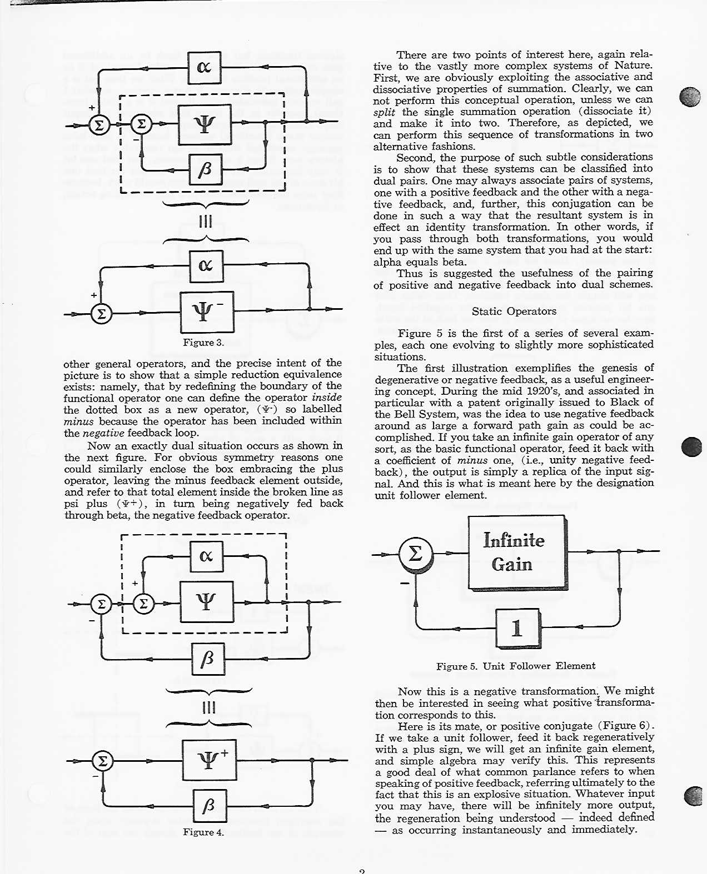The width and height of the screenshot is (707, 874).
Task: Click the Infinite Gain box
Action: coord(516,552)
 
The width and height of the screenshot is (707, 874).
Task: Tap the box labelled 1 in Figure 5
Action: coord(517,628)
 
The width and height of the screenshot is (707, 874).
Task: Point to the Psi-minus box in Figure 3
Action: coord(207,312)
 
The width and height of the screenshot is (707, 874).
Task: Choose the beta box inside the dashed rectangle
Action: coord(206,170)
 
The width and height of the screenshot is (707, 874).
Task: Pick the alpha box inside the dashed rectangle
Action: coord(206,556)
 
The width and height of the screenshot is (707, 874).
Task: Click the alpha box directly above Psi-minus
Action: coord(206,265)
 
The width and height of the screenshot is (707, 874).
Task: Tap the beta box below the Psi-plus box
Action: coord(210,806)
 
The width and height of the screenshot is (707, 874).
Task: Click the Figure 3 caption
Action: coord(203,343)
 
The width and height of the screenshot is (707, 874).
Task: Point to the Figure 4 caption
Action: coord(203,832)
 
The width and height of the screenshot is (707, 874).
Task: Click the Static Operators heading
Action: coord(514,312)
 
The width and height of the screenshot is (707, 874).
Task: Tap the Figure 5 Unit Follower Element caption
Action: coord(515,666)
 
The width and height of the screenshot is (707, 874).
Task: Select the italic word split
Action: coord(384,112)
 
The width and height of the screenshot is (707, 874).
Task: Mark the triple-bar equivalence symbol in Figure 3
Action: coord(205,222)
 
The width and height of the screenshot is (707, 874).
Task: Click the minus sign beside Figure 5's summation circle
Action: coord(405,583)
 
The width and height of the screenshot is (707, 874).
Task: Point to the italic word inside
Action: coord(326,398)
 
